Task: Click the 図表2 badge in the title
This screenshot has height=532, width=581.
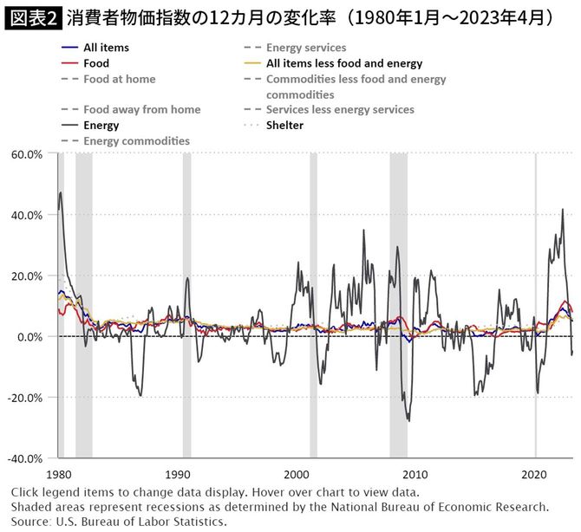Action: tap(31, 16)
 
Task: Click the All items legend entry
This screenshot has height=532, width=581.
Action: tap(107, 48)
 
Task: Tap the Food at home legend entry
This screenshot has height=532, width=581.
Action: tap(119, 79)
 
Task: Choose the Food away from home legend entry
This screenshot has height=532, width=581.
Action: tap(141, 110)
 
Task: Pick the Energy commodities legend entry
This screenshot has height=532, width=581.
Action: tap(136, 140)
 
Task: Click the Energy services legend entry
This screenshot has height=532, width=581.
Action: tap(305, 48)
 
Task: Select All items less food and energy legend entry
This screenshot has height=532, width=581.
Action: tap(343, 63)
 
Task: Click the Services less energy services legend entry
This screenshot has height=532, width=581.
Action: tap(340, 110)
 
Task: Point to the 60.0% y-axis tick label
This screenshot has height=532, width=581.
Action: tap(26, 154)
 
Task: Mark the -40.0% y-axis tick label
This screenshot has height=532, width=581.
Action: tap(24, 457)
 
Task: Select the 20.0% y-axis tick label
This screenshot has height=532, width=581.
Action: tap(26, 276)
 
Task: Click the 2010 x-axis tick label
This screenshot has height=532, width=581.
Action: tap(416, 475)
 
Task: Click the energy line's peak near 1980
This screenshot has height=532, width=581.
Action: tap(60, 192)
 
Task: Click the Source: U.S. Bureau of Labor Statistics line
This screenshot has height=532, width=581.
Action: tap(119, 522)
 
